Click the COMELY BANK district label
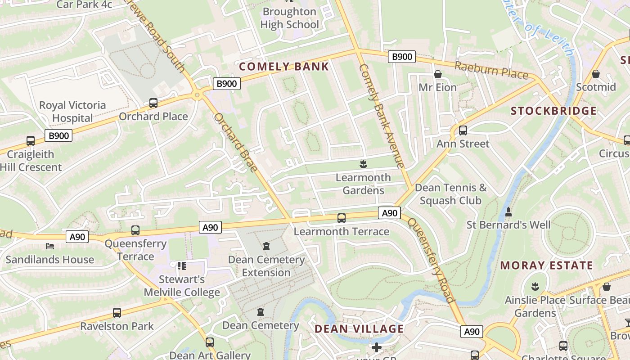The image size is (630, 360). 284,67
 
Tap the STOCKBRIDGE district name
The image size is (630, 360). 554,111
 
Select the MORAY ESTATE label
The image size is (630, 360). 546,265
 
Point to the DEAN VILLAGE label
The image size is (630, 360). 359,328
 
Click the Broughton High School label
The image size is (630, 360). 289,18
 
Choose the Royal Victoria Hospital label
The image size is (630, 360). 72,112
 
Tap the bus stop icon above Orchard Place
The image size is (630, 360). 153,103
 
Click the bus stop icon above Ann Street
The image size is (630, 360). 463,130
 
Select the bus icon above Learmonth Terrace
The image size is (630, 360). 342,218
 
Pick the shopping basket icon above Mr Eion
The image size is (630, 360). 437,74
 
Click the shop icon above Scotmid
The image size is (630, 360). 596,74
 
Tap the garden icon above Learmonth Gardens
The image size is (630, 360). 363,164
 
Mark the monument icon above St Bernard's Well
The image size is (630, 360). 508,211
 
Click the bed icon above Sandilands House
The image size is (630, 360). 50,246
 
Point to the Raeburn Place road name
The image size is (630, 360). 491,70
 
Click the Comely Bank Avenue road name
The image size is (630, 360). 382,116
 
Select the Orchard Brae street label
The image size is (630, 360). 235,143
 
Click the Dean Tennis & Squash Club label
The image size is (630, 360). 450,194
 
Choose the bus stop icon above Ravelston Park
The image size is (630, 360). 117,313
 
